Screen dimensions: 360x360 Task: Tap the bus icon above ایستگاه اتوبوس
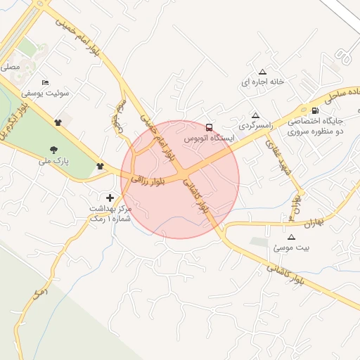coord(209,127)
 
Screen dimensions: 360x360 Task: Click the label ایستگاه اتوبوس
coord(208,139)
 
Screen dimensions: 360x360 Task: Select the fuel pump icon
coord(314,110)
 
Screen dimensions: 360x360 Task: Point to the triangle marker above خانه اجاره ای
coord(263,72)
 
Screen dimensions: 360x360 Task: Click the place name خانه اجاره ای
coord(263,82)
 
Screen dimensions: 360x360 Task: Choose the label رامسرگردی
coord(255,126)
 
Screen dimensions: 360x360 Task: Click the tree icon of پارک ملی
coord(54,148)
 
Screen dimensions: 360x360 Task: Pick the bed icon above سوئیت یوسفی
coord(46,82)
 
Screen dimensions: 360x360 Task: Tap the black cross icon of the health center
coord(109,198)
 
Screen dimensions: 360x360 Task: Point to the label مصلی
coord(11,67)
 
